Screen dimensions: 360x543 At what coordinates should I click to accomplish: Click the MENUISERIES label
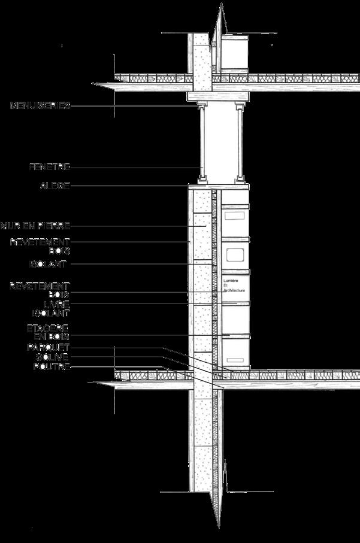click(x=40, y=106)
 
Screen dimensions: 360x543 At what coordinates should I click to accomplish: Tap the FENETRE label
click(x=50, y=166)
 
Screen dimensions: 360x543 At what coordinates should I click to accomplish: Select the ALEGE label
click(x=55, y=186)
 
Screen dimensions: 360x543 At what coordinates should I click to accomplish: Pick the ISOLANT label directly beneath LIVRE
click(x=50, y=313)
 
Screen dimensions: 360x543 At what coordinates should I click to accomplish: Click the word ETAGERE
click(x=48, y=328)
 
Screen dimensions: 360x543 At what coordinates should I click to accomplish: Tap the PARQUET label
click(x=49, y=348)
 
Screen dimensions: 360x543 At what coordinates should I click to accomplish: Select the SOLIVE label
click(x=53, y=357)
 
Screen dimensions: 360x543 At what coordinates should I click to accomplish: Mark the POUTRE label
click(x=52, y=366)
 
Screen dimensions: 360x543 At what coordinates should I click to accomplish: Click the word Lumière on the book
click(x=231, y=280)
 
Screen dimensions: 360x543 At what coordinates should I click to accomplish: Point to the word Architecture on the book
click(x=235, y=290)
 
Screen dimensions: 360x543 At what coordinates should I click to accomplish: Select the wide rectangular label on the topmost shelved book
click(x=235, y=214)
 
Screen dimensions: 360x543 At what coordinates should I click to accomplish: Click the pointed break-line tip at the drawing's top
click(x=221, y=5)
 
